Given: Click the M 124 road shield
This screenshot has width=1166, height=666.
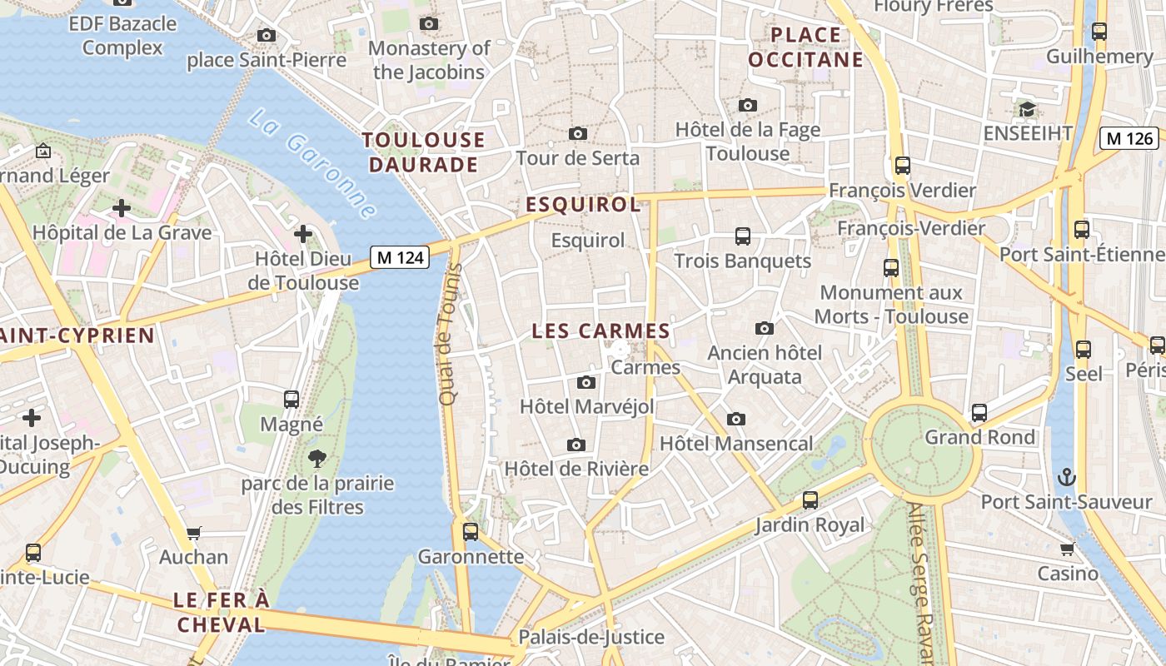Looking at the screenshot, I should click(400, 258).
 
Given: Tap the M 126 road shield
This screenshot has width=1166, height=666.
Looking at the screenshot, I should click(1129, 138).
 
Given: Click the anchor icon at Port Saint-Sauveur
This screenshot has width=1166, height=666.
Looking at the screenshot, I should click(1067, 478).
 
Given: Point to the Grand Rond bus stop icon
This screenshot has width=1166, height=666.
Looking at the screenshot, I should click(979, 413).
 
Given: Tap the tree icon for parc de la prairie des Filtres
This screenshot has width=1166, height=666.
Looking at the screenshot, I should click(316, 458).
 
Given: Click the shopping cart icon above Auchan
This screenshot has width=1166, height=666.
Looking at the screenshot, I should click(194, 533).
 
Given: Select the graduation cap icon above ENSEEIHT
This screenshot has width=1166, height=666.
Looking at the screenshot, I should click(1027, 110).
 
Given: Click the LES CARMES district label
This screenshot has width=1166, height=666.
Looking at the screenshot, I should click(600, 331).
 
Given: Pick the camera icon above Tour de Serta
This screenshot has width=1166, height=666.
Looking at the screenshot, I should click(577, 134).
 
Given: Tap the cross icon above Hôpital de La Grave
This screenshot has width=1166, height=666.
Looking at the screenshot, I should click(122, 208).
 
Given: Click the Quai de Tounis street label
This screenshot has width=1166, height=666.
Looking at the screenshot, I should click(449, 335).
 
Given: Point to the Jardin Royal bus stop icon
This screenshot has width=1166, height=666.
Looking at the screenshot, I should click(810, 501).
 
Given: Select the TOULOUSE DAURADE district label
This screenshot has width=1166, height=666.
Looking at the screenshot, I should click(424, 152).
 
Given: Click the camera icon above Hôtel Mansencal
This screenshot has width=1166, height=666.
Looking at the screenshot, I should click(735, 420).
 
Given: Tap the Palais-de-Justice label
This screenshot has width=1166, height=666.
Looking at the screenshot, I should click(591, 638).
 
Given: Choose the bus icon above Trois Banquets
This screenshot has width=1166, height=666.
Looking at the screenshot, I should click(742, 236).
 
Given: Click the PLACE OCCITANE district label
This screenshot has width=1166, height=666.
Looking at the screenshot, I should click(805, 47).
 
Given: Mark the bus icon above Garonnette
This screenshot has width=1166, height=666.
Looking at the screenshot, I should click(471, 532).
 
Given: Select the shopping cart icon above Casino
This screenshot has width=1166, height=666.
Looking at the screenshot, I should click(1067, 549).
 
